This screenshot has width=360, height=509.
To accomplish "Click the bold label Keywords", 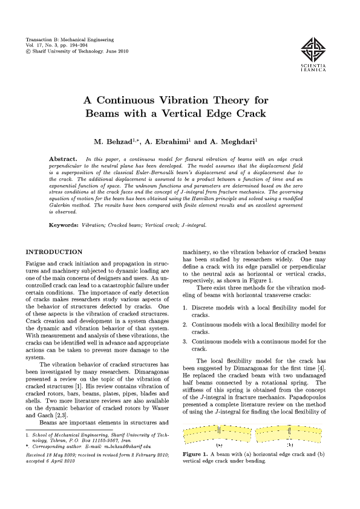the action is pos(64,224).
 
